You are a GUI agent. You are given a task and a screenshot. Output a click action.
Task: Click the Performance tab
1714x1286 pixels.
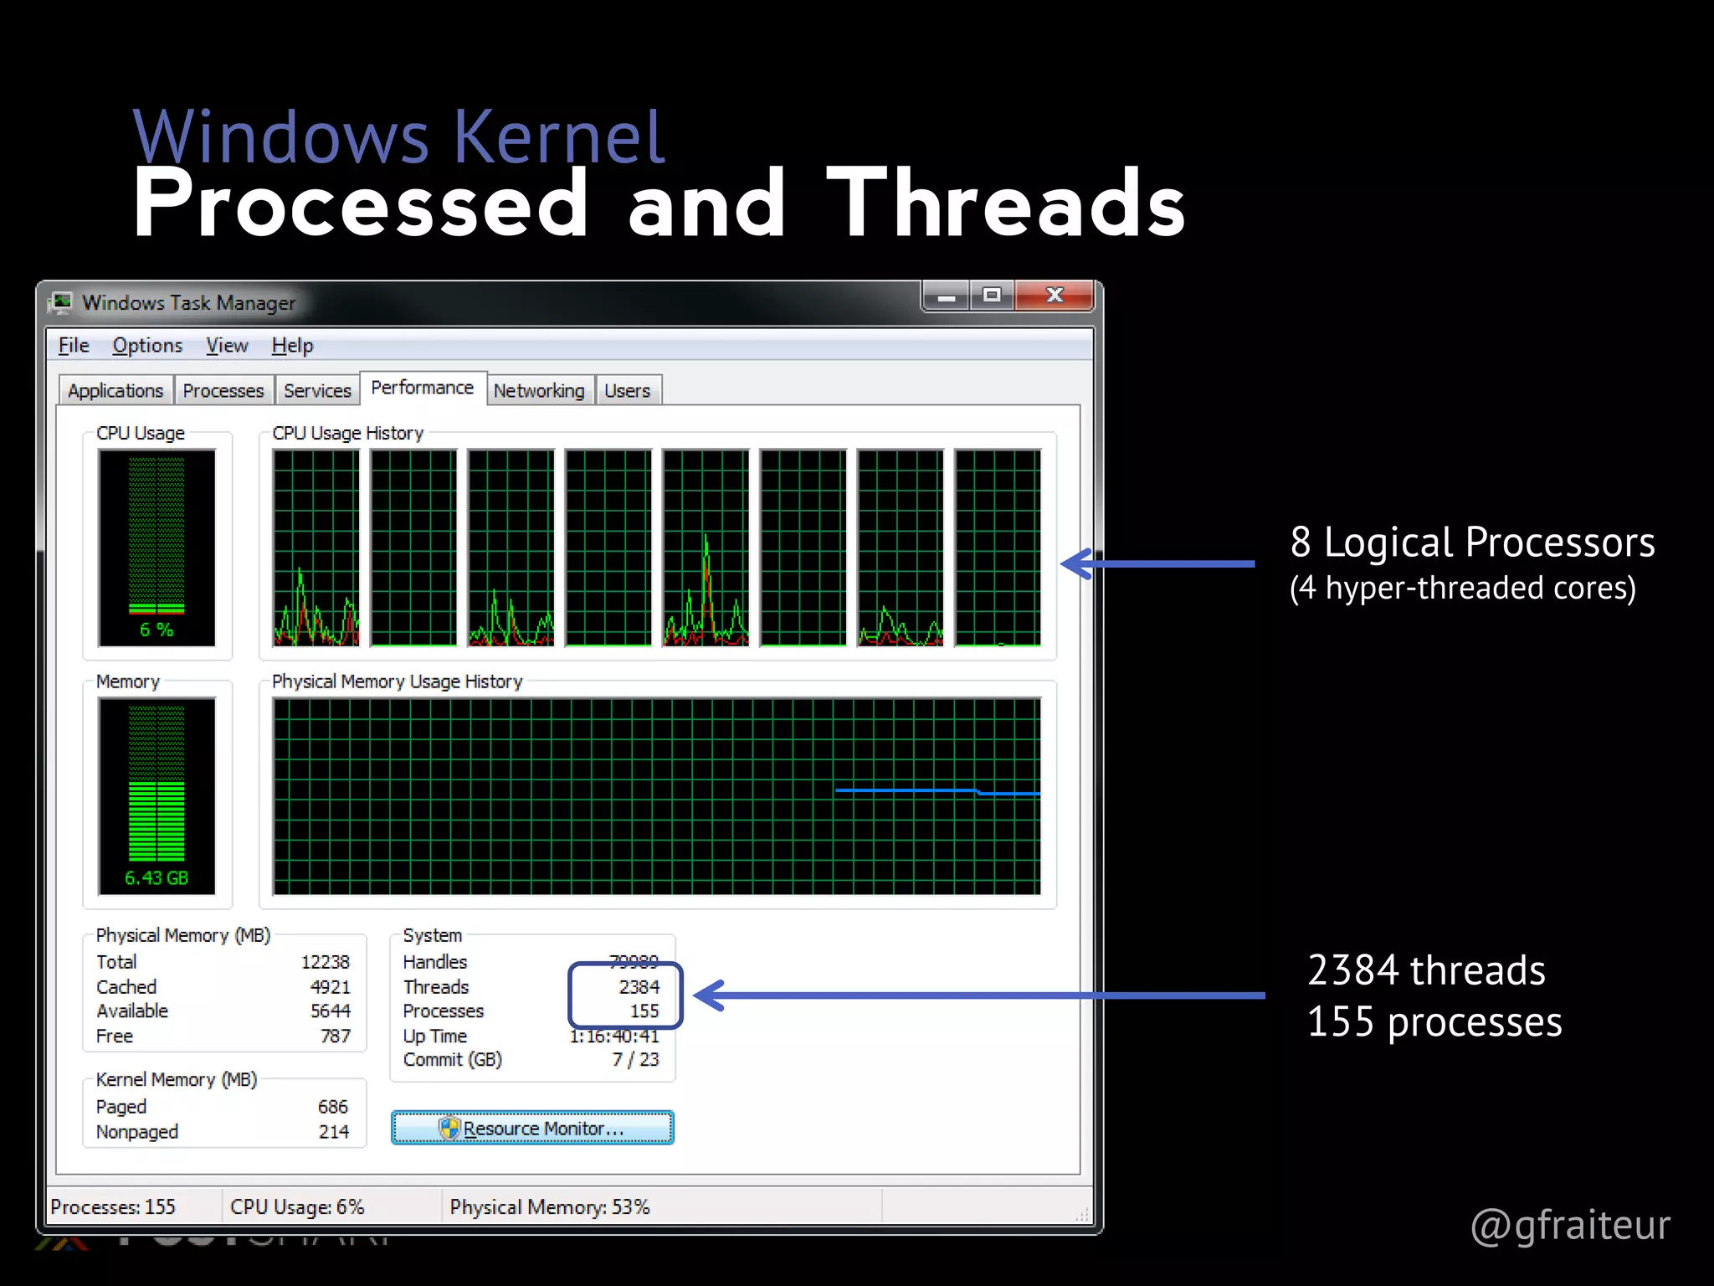pyautogui.click(x=422, y=388)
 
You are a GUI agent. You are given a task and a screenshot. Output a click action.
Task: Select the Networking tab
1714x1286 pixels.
pyautogui.click(x=539, y=391)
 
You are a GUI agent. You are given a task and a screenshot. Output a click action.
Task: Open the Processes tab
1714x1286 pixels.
pyautogui.click(x=223, y=391)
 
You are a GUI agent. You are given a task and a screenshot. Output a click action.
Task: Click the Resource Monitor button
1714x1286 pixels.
pyautogui.click(x=532, y=1128)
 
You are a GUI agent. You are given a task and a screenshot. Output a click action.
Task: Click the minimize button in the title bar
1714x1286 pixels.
pyautogui.click(x=947, y=296)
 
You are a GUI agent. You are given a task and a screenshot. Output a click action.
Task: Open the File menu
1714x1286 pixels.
pyautogui.click(x=74, y=346)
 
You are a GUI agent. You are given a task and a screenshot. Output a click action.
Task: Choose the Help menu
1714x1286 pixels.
pyautogui.click(x=292, y=346)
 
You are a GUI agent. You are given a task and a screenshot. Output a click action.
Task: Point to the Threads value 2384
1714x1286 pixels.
pyautogui.click(x=639, y=987)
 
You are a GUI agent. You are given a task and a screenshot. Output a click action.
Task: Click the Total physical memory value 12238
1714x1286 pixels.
pyautogui.click(x=325, y=962)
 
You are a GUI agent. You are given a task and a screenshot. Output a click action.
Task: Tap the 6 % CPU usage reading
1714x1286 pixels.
pyautogui.click(x=157, y=630)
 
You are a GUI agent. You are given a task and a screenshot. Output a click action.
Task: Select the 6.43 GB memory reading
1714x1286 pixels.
pyautogui.click(x=157, y=878)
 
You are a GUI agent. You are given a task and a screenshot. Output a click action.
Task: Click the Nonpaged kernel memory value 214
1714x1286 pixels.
pyautogui.click(x=333, y=1132)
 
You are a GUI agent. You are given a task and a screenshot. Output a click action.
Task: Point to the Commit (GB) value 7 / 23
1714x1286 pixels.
pyautogui.click(x=635, y=1060)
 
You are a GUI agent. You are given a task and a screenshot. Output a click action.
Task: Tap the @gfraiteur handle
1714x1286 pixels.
pyautogui.click(x=1570, y=1225)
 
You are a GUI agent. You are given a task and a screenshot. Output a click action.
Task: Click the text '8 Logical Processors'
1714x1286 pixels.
pyautogui.click(x=1472, y=543)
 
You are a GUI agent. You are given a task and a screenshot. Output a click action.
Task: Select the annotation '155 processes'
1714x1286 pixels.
pyautogui.click(x=1434, y=1022)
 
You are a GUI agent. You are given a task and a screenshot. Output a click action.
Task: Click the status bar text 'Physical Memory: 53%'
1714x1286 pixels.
pyautogui.click(x=549, y=1207)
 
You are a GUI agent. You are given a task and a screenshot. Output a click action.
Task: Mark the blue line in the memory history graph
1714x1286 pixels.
pyautogui.click(x=904, y=790)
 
